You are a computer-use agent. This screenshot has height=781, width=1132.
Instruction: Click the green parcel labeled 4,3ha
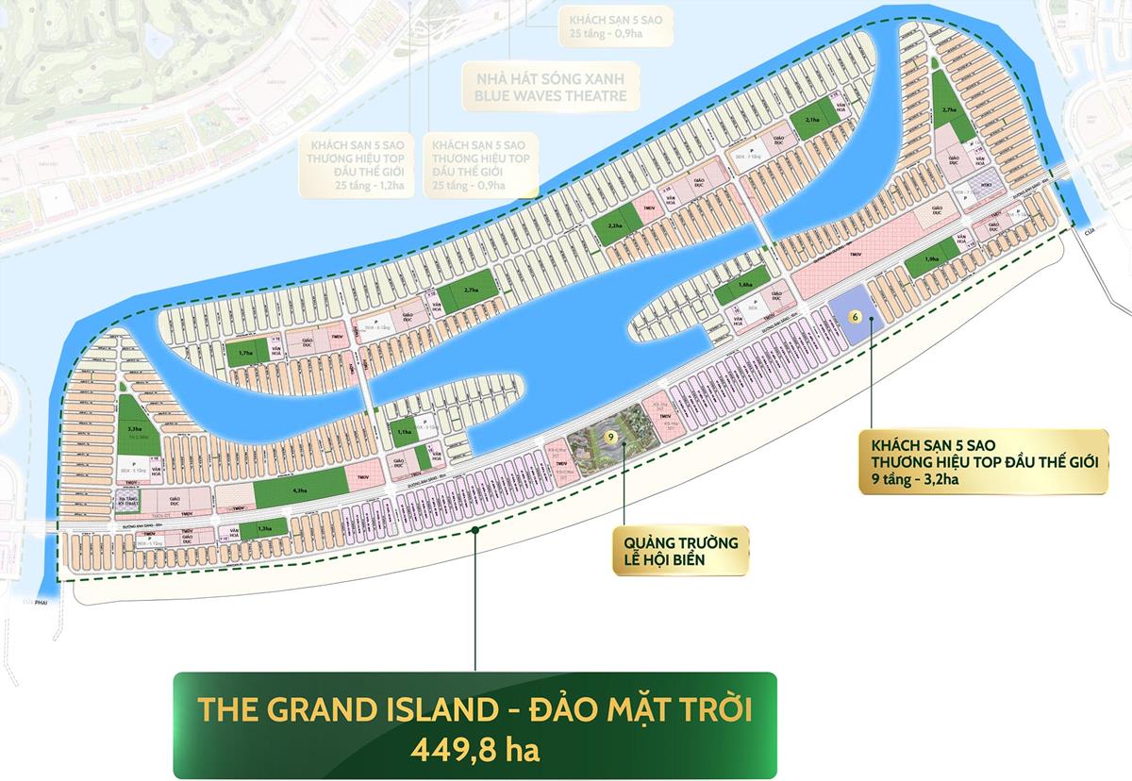tap(301, 490)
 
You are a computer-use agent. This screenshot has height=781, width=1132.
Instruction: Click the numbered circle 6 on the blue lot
tap(855, 317)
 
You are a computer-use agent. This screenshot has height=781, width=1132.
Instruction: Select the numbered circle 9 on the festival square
tap(611, 437)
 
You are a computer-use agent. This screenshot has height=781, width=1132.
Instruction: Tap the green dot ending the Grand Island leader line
tap(475, 530)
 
